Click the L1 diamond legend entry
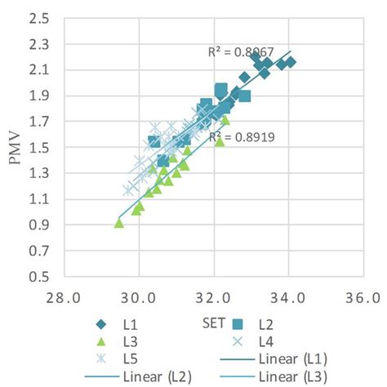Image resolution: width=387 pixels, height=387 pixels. pyautogui.click(x=114, y=325)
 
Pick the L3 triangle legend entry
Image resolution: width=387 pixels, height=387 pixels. pyautogui.click(x=114, y=342)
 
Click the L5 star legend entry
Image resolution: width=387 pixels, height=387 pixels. pyautogui.click(x=114, y=359)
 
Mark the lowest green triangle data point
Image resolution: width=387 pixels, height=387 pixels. pyautogui.click(x=119, y=223)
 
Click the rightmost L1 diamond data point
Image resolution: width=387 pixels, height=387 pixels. pyautogui.click(x=290, y=62)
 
